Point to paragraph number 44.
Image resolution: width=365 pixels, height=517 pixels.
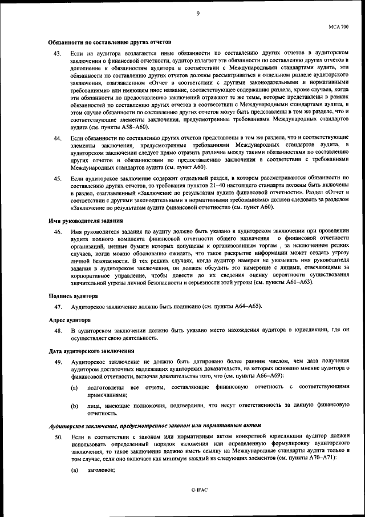(58, 139)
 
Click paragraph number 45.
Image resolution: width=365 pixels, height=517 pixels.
(58, 179)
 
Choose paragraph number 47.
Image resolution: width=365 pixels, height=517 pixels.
(58, 307)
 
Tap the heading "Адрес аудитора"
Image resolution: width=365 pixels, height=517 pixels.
(68, 320)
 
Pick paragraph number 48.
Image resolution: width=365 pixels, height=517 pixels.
(58, 331)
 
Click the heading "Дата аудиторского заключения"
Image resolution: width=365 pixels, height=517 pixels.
(91, 351)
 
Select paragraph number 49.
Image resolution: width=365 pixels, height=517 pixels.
(58, 362)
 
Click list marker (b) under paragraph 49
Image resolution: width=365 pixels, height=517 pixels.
(75, 406)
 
